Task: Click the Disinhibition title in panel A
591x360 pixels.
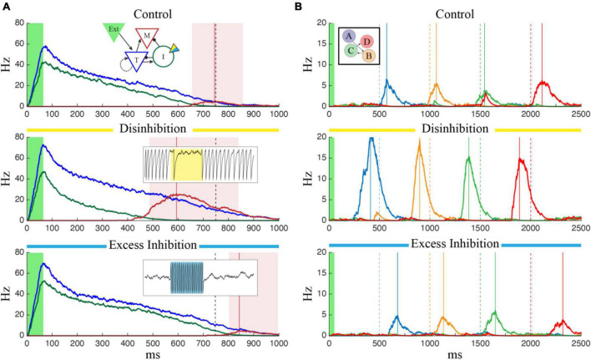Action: point(151,129)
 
